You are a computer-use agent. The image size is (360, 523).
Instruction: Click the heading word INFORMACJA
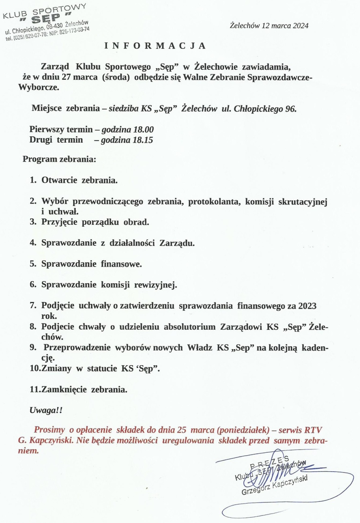click(155, 46)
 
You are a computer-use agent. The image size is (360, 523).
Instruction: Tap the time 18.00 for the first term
click(143, 130)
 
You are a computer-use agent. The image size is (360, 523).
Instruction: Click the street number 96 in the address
click(291, 109)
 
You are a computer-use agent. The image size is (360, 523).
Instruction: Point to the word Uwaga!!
click(46, 410)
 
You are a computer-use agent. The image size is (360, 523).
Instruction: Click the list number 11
click(35, 389)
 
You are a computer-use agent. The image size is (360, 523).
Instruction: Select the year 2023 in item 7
click(307, 306)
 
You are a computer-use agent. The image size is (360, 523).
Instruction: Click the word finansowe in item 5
click(121, 264)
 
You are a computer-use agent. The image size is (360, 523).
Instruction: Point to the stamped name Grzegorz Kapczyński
click(274, 485)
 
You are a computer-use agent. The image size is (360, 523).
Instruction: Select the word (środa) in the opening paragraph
click(116, 77)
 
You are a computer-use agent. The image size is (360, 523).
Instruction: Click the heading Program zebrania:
click(59, 159)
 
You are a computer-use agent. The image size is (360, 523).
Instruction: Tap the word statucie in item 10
click(102, 369)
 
